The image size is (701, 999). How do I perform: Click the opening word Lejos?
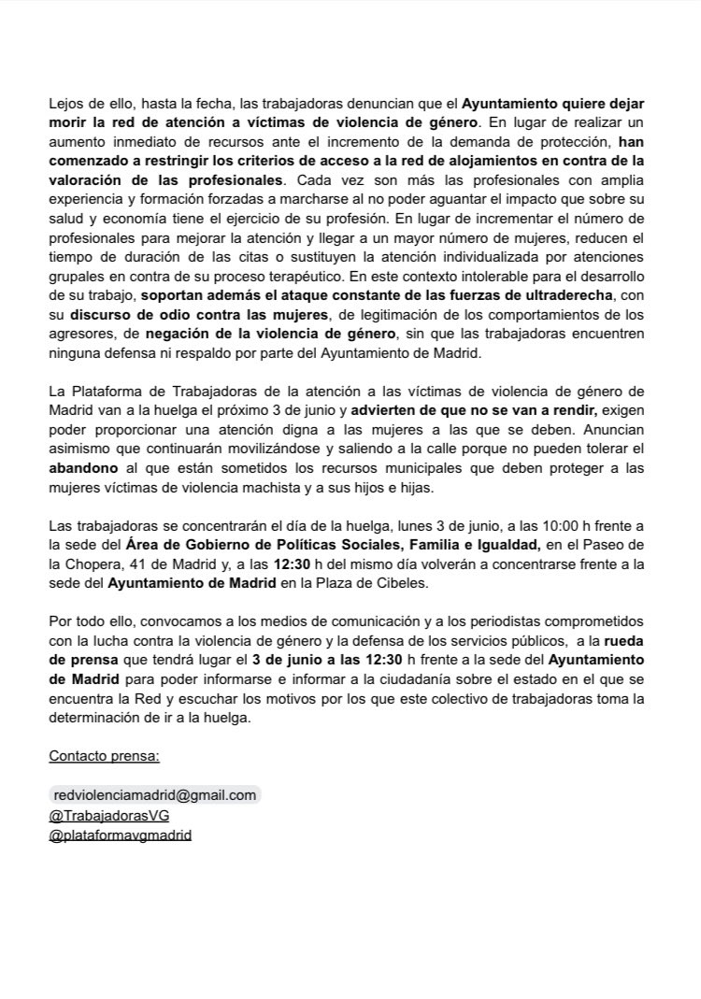coord(66,103)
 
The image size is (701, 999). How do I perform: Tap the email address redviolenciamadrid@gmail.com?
coord(155,794)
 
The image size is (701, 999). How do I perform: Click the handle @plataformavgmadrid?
coord(120,835)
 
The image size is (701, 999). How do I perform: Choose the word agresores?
coord(82,335)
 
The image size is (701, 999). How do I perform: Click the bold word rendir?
coord(571,409)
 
